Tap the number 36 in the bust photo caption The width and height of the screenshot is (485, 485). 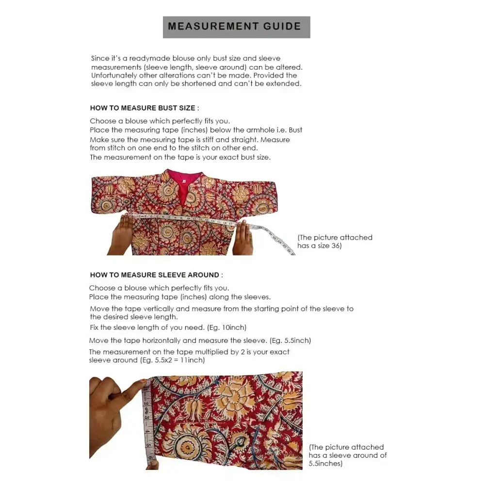coord(336,246)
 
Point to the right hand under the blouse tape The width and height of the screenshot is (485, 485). coord(242,239)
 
